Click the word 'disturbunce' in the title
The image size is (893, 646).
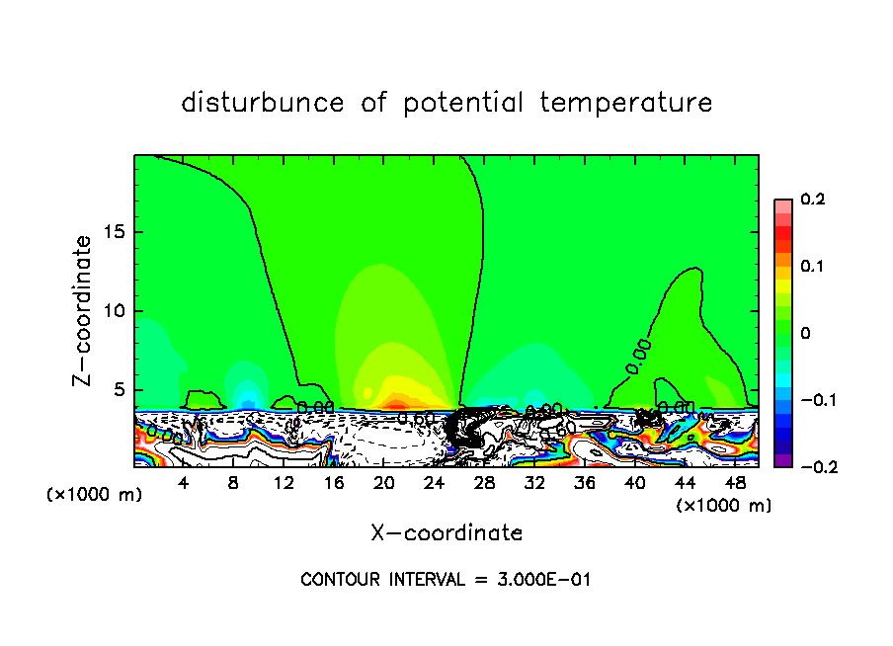(263, 103)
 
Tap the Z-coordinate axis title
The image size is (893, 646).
(83, 309)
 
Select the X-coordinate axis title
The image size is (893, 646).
(446, 533)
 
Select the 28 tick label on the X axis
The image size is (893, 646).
(484, 483)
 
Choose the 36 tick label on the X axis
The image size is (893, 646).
(584, 483)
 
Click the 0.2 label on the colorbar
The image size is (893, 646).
(812, 200)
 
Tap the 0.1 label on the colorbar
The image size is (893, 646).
(812, 266)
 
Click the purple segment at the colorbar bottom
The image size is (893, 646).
(782, 459)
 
